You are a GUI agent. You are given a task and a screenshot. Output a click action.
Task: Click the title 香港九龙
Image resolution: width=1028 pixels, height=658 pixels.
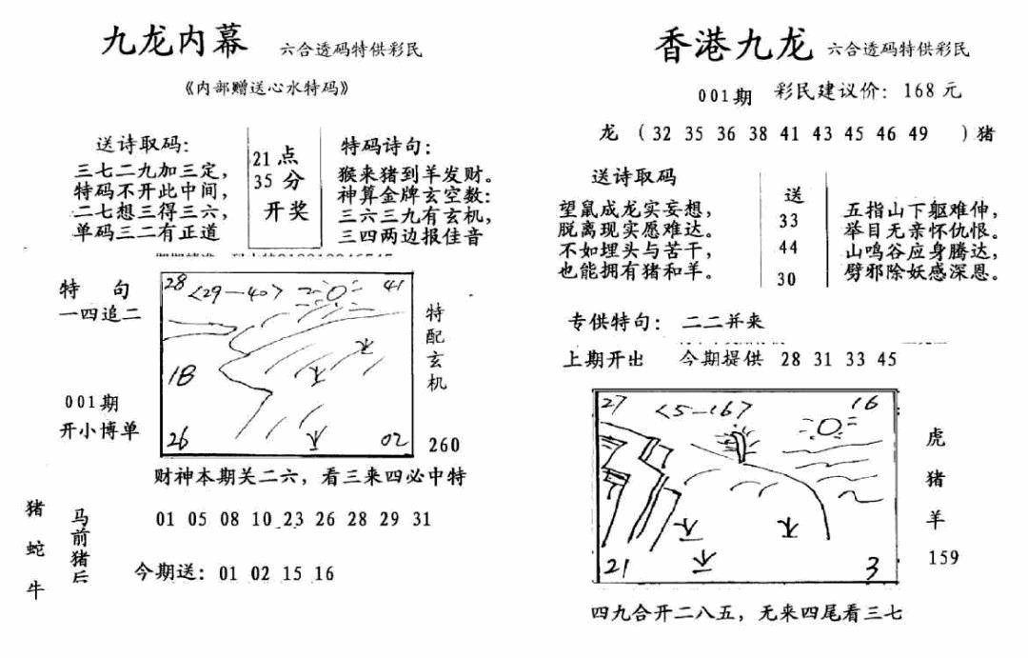(x=732, y=46)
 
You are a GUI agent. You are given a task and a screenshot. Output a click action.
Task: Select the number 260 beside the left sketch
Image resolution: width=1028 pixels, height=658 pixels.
(x=444, y=445)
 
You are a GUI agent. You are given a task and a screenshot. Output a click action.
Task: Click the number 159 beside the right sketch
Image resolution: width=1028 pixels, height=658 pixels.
(x=943, y=557)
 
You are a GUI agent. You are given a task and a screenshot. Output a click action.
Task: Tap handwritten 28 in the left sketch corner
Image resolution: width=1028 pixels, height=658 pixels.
(x=173, y=283)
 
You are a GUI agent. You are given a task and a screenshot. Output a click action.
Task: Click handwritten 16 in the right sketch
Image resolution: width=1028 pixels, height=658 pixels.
(x=864, y=404)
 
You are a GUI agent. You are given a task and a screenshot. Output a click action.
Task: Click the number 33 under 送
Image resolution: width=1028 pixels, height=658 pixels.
(x=787, y=221)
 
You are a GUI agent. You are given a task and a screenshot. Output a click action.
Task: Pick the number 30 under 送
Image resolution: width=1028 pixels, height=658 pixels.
(x=787, y=279)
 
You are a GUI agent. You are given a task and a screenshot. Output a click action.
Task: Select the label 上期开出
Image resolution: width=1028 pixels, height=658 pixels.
(x=603, y=359)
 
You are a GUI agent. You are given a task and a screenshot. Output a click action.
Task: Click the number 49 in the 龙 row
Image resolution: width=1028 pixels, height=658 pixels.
(x=918, y=133)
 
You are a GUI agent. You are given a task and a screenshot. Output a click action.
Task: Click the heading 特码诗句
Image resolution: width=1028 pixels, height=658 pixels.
(x=385, y=147)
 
